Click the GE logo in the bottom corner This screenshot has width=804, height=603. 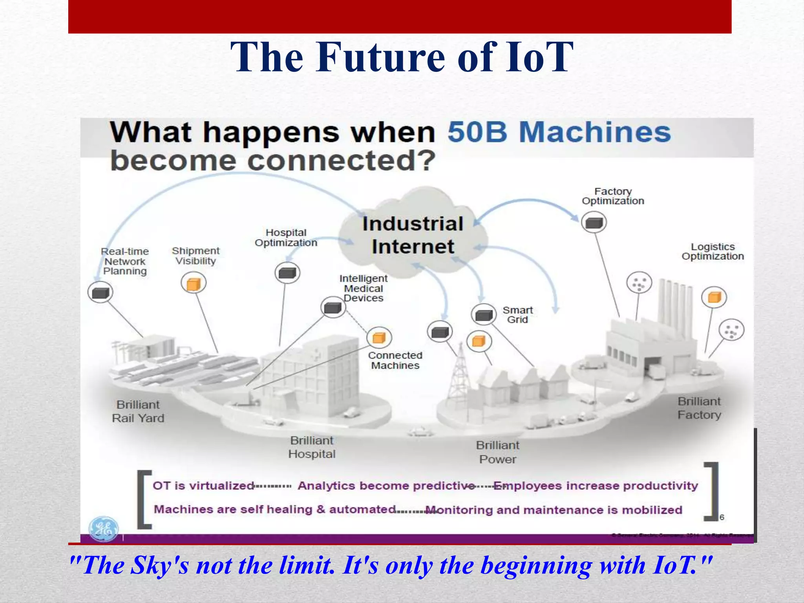(103, 528)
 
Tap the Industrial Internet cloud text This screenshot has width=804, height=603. (413, 235)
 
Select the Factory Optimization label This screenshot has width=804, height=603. (613, 196)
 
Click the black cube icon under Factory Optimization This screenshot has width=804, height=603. (594, 223)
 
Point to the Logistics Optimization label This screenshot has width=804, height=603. (713, 252)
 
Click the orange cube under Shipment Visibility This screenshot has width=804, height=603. (194, 283)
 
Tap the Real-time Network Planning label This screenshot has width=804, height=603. (125, 261)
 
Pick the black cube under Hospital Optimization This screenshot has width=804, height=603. (287, 273)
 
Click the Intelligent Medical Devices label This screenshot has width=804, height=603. (363, 289)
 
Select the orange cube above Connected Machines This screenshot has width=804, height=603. (379, 338)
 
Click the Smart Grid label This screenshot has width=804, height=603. (517, 315)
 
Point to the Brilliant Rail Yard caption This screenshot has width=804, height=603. (138, 411)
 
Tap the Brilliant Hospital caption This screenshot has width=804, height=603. (312, 447)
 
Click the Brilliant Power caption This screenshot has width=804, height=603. (497, 452)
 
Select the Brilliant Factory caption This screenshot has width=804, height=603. (699, 408)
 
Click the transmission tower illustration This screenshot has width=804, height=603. (459, 373)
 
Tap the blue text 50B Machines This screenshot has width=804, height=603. (559, 132)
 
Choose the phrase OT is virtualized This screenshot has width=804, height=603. (203, 486)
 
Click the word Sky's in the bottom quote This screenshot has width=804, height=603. (159, 566)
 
